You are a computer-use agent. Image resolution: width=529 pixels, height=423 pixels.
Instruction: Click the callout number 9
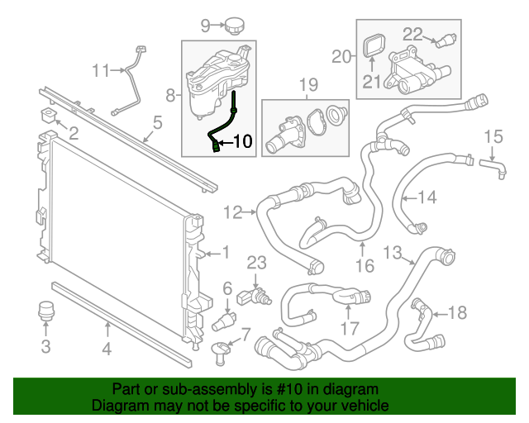[206, 26]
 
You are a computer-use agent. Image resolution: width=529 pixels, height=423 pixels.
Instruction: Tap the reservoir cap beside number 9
[231, 25]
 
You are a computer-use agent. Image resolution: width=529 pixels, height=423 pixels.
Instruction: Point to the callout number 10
[241, 141]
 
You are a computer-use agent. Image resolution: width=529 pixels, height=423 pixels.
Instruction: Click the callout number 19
[307, 84]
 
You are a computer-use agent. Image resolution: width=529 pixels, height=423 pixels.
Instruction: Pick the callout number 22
[412, 34]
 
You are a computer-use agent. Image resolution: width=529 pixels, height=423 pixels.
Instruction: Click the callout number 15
[493, 136]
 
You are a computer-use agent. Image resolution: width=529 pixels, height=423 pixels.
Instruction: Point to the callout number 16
[365, 265]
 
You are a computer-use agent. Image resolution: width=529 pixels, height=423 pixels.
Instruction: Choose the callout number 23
[257, 264]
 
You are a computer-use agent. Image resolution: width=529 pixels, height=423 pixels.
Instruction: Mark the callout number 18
[457, 312]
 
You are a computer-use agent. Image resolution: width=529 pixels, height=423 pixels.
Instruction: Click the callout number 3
[46, 345]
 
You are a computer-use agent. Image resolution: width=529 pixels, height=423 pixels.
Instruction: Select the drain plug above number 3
[46, 314]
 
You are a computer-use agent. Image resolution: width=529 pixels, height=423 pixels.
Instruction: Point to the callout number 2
[72, 133]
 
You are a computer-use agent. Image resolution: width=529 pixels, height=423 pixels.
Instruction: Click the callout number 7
[245, 335]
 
